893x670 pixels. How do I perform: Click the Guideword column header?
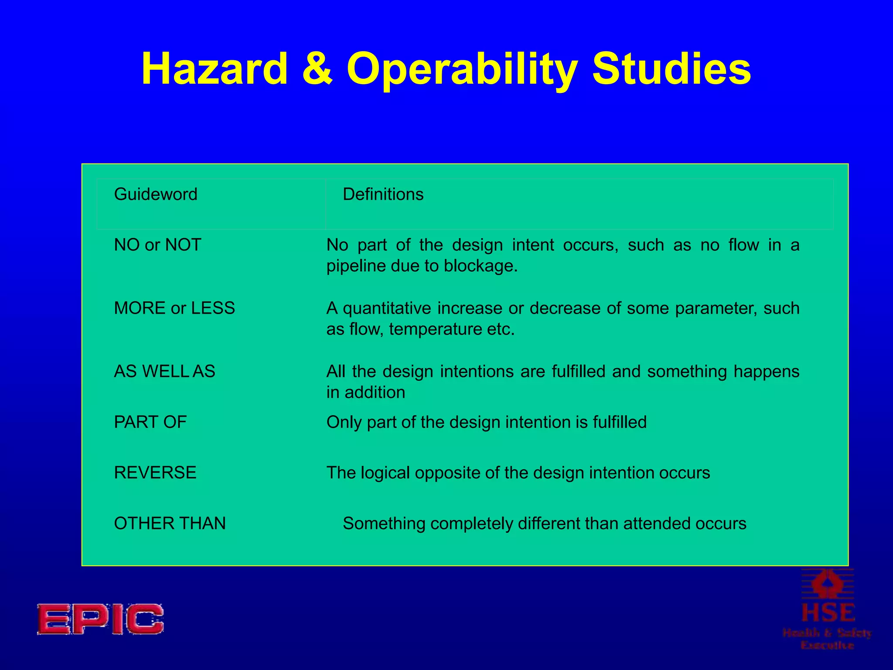tap(156, 194)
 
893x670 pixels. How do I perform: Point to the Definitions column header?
tap(383, 194)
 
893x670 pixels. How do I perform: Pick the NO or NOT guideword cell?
tap(157, 245)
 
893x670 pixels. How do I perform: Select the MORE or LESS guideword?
tap(174, 308)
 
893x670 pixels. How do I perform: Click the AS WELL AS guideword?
tap(164, 371)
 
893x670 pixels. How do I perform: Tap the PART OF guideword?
tap(150, 422)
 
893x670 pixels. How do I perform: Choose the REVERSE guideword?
tap(155, 472)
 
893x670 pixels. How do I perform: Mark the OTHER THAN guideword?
tap(170, 523)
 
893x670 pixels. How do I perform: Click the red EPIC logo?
tap(100, 619)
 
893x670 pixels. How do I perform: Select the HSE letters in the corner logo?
tap(828, 613)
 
